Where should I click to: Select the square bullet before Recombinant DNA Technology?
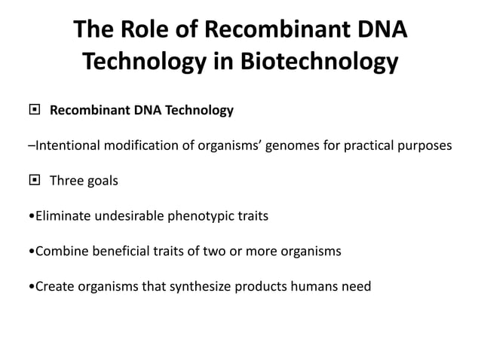pos(33,111)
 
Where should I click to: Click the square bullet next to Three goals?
pos(33,181)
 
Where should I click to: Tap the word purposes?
pos(426,146)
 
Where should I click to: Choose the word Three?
pos(66,181)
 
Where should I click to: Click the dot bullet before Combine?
pos(29,252)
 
